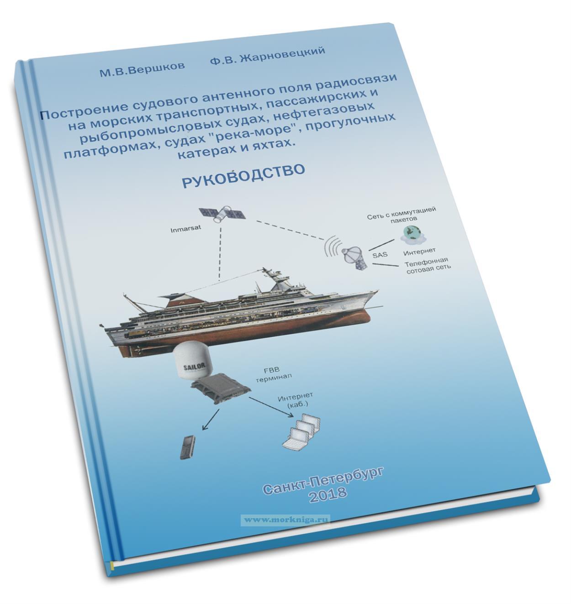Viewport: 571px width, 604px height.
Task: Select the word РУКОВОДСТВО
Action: (243, 177)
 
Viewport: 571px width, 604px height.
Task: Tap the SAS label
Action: (381, 254)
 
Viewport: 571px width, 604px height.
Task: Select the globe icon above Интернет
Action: (412, 234)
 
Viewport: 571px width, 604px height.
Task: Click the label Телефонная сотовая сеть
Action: (428, 265)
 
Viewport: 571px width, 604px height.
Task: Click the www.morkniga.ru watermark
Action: (286, 520)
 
